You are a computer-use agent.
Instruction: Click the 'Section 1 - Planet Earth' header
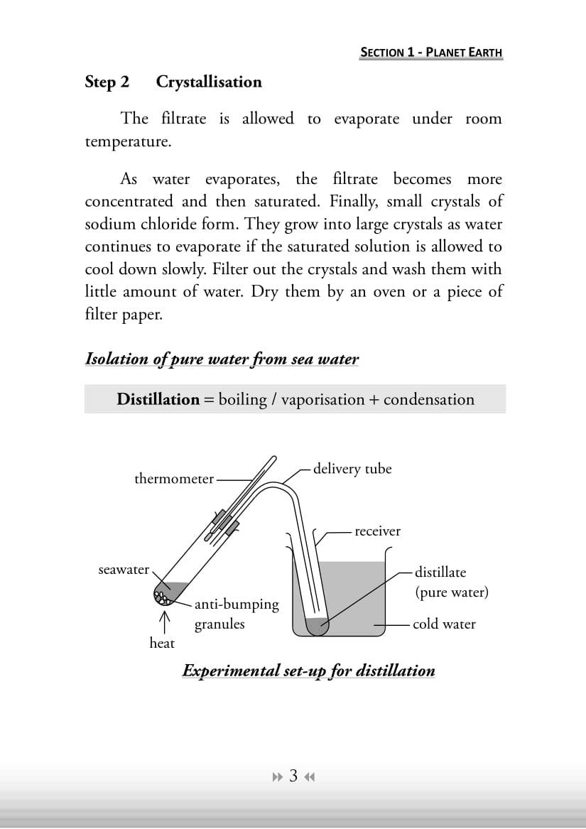click(431, 52)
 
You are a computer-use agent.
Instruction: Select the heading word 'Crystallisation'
click(209, 82)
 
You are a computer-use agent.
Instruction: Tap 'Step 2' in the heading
click(107, 82)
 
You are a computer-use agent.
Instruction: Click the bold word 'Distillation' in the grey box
click(158, 399)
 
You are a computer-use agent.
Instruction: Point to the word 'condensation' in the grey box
click(428, 399)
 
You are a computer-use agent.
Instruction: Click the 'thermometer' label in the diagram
click(174, 479)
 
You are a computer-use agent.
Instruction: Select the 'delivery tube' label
click(352, 469)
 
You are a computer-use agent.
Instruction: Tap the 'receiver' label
click(377, 531)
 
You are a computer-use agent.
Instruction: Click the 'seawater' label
click(124, 570)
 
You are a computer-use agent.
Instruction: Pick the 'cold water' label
click(444, 624)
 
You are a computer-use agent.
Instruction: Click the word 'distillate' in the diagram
click(440, 572)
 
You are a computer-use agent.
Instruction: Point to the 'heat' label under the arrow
click(162, 643)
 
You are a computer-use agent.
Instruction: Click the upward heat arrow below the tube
click(165, 619)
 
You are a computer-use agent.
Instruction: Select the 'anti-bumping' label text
click(237, 605)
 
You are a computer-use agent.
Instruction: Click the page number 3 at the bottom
click(293, 776)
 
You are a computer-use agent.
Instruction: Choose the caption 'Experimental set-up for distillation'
click(308, 671)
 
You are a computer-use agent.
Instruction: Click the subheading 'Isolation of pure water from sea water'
click(222, 359)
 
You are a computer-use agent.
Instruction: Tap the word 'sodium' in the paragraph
click(109, 224)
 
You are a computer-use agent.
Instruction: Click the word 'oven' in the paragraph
click(381, 292)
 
